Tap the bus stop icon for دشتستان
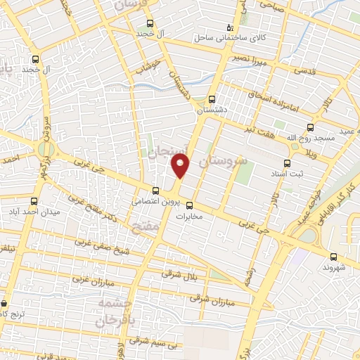212,99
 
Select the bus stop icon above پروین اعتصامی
155,190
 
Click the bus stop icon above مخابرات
189,205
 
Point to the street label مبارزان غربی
91,277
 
